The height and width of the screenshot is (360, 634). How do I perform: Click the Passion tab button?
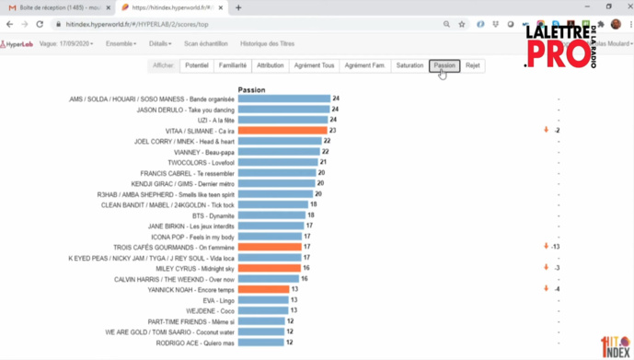point(444,66)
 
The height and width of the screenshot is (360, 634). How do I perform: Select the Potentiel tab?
point(196,66)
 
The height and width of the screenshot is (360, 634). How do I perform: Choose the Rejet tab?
point(472,66)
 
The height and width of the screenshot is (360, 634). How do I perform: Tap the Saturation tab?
point(409,66)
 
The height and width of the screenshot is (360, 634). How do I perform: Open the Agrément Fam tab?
point(364,66)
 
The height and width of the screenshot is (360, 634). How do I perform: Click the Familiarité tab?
point(232,66)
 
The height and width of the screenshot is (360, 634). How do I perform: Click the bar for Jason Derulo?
point(283,110)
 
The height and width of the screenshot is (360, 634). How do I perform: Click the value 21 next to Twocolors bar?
point(324,162)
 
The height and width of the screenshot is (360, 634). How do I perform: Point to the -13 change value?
point(555,247)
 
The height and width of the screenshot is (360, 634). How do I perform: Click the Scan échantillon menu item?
point(206,43)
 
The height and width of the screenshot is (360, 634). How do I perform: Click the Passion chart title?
point(251,90)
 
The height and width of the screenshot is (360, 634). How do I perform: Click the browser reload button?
point(40,24)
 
